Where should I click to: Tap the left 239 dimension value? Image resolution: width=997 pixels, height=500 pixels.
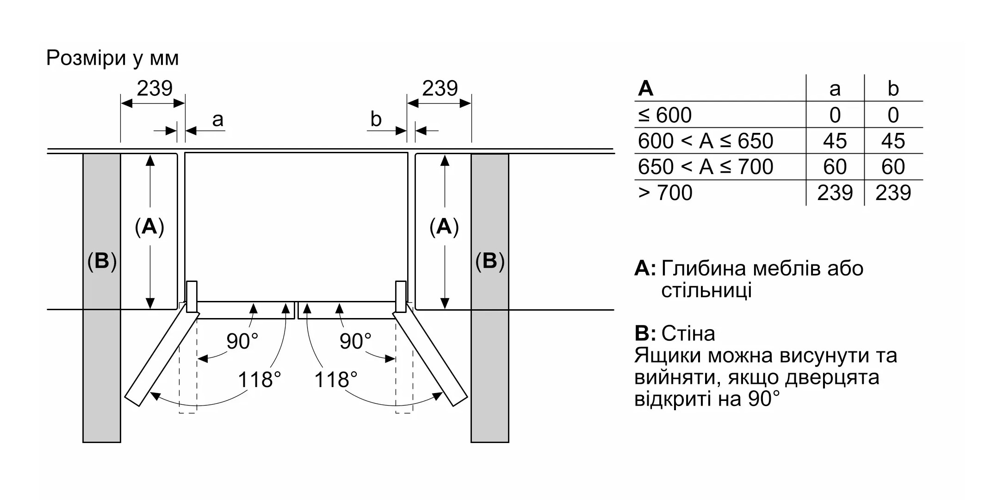tap(155, 88)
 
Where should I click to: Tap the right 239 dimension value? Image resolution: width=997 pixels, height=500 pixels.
tap(440, 88)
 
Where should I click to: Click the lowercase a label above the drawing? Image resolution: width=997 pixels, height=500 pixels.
tap(217, 119)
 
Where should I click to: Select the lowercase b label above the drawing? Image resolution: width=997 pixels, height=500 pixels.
tap(376, 119)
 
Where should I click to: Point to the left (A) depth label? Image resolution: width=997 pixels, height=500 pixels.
tap(149, 227)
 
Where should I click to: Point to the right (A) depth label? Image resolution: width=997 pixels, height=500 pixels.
tap(444, 227)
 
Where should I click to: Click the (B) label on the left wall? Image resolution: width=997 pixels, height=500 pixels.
tap(102, 262)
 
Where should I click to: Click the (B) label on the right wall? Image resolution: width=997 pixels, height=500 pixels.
tap(490, 262)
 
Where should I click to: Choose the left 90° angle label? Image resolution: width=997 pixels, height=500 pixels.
tap(242, 341)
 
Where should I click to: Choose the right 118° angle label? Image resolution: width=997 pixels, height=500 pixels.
tap(336, 380)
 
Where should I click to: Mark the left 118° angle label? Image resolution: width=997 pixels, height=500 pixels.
tap(260, 380)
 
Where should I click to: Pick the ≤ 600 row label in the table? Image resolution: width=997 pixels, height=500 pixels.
tap(665, 115)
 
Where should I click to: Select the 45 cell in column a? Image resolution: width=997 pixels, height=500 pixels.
tap(835, 141)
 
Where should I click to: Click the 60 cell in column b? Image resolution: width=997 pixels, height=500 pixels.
tap(893, 167)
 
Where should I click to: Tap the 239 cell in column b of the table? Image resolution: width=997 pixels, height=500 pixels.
tap(893, 193)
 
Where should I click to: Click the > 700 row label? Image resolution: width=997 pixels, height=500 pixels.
tap(665, 193)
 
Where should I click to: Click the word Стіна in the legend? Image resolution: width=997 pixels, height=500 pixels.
tap(688, 333)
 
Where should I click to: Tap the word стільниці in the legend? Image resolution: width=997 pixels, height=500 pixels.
tap(706, 291)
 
